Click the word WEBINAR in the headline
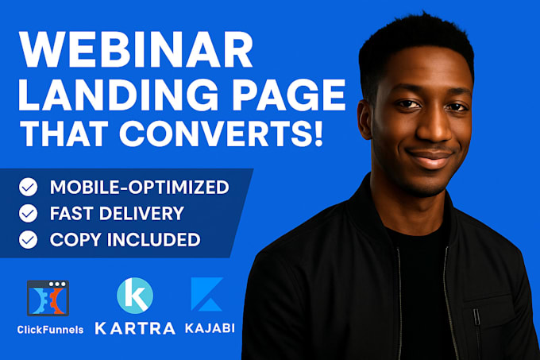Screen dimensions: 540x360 (x=137, y=50)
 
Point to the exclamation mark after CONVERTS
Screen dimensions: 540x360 (x=318, y=134)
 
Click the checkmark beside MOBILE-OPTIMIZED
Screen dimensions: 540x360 (x=29, y=187)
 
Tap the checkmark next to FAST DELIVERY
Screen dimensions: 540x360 (x=29, y=213)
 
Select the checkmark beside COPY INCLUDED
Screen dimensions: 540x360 (x=29, y=239)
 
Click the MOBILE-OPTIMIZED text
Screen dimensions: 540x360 (x=140, y=187)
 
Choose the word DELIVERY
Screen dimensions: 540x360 (x=141, y=213)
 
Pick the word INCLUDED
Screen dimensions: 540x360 (x=153, y=239)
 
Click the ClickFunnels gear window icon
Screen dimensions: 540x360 (x=48, y=298)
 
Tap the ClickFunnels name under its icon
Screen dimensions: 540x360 (x=50, y=330)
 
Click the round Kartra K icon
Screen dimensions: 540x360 (x=135, y=296)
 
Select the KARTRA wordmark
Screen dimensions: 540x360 (x=135, y=328)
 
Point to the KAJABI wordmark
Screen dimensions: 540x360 (x=210, y=327)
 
